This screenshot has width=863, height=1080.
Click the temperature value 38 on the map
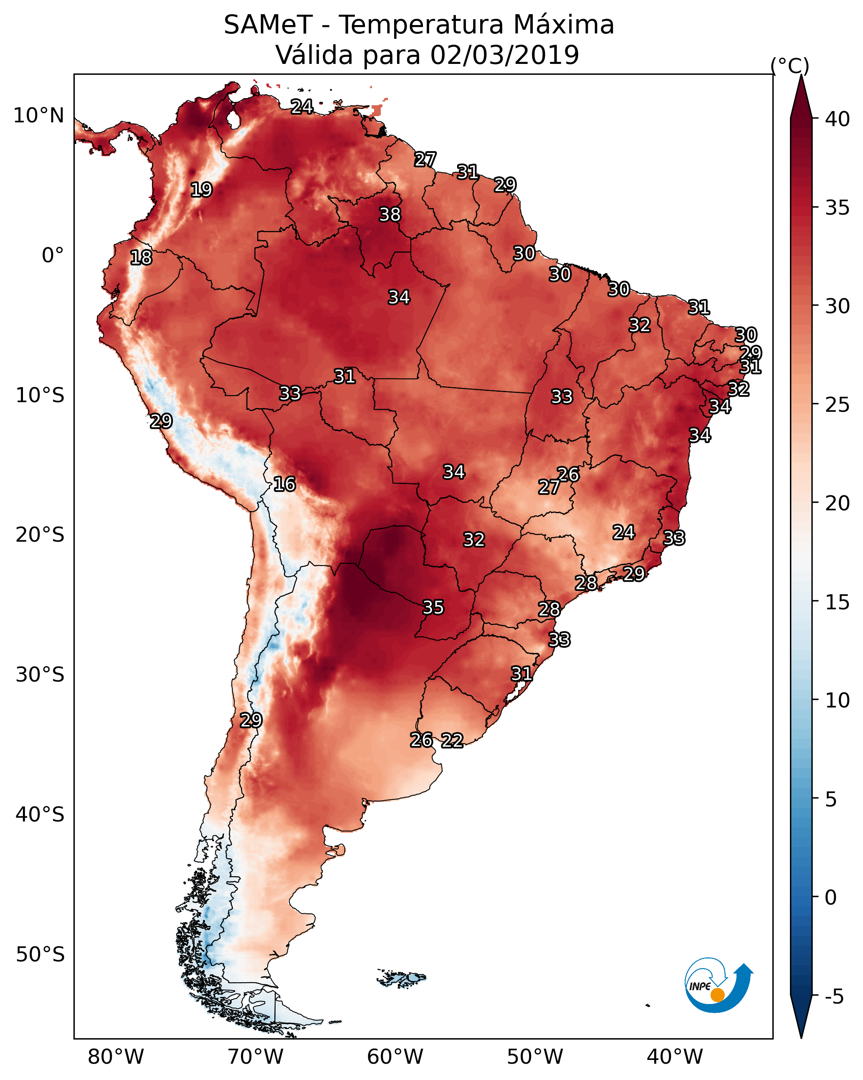[x=390, y=214]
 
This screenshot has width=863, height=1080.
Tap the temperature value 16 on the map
[x=284, y=484]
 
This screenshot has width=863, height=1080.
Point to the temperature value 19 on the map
[x=201, y=190]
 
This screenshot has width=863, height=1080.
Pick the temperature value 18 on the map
[x=141, y=258]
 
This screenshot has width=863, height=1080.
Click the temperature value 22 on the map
[x=452, y=740]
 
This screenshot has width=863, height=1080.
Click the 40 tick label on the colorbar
[x=838, y=119]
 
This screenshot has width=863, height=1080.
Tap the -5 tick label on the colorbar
[x=834, y=997]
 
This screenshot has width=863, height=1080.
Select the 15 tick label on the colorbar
[x=838, y=602]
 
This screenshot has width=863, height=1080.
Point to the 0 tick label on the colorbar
[x=830, y=897]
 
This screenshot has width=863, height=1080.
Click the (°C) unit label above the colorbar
[x=790, y=66]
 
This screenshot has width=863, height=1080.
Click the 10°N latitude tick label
[x=38, y=116]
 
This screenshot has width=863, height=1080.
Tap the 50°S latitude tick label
[x=40, y=954]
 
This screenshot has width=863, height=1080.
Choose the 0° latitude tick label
[x=53, y=256]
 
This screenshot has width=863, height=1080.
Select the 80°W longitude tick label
[x=116, y=1057]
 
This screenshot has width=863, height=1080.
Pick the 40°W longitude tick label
[x=675, y=1057]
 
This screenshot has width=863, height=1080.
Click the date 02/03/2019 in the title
[x=504, y=55]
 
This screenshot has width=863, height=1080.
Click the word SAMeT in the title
[x=268, y=25]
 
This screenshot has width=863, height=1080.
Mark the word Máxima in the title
[x=564, y=25]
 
